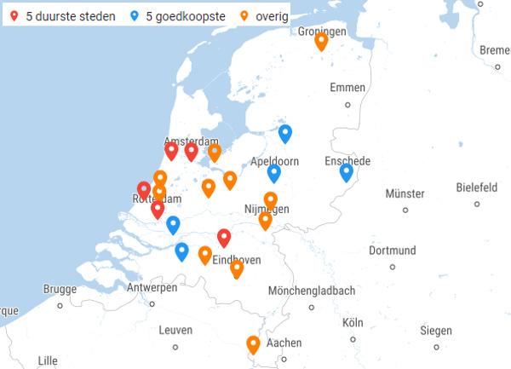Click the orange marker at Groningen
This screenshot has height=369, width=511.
pyautogui.click(x=321, y=41)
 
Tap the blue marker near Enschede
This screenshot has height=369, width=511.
pyautogui.click(x=346, y=172)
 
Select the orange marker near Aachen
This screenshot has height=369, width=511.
pyautogui.click(x=253, y=344)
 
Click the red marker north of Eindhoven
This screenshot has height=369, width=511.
pyautogui.click(x=224, y=238)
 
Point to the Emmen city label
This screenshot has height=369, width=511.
pyautogui.click(x=347, y=88)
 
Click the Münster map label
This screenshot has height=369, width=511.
pyautogui.click(x=405, y=193)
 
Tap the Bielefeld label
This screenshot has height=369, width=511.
pyautogui.click(x=476, y=187)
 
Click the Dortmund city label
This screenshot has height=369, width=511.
pyautogui.click(x=393, y=251)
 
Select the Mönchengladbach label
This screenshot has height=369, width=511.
pyautogui.click(x=312, y=291)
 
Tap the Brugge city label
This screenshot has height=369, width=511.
pyautogui.click(x=60, y=289)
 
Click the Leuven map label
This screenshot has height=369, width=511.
pyautogui.click(x=175, y=330)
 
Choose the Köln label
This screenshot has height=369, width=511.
pyautogui.click(x=353, y=323)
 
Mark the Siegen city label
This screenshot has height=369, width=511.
pyautogui.click(x=436, y=331)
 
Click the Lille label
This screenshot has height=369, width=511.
pyautogui.click(x=48, y=360)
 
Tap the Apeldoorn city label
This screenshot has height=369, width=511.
pyautogui.click(x=275, y=160)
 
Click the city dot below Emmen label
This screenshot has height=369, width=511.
pyautogui.click(x=347, y=105)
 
